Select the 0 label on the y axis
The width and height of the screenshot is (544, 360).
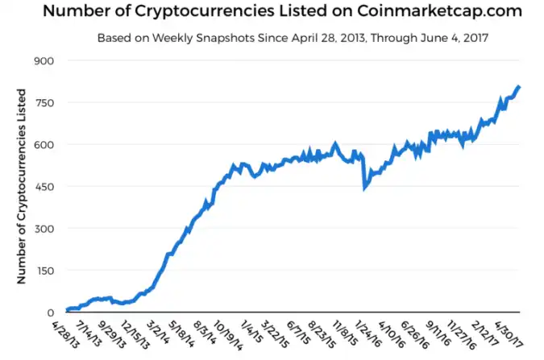click(50, 312)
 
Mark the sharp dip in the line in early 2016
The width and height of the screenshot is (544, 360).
click(364, 188)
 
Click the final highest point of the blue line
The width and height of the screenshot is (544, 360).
click(518, 86)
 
